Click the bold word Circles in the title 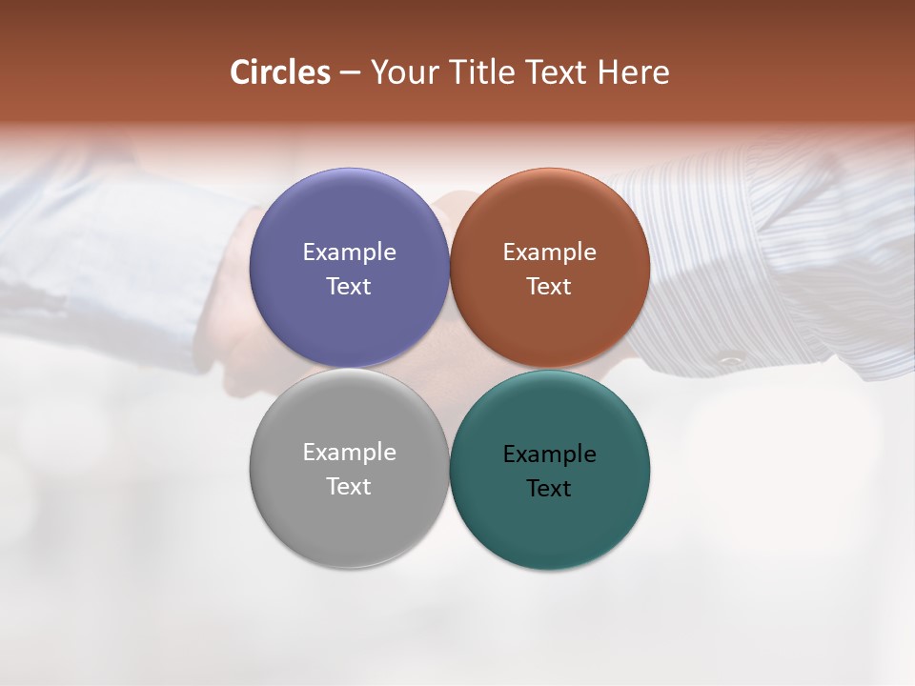280,72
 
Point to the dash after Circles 350,73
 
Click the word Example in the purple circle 349,252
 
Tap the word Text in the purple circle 349,287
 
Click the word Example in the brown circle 549,252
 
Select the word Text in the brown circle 549,287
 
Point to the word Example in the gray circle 349,453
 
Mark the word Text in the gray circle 349,487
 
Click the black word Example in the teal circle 549,454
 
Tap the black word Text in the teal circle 549,489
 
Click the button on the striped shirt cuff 731,360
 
